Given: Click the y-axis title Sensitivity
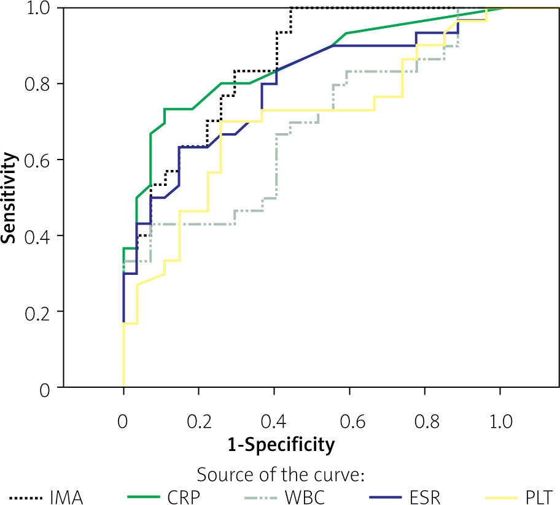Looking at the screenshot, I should tap(9, 198).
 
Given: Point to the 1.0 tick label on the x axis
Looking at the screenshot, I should tap(500, 423).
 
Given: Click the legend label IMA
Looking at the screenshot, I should tap(66, 496).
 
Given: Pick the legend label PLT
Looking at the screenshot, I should tap(539, 496).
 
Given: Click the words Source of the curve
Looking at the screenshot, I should tap(280, 476).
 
